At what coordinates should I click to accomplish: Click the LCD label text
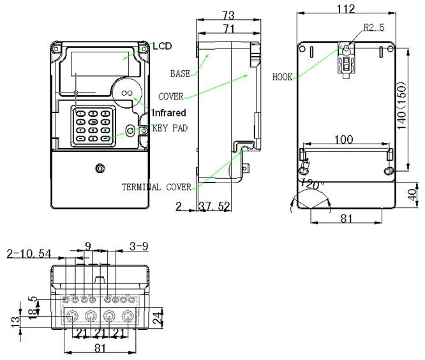pyautogui.click(x=162, y=47)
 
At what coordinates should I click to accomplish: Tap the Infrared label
pyautogui.click(x=168, y=113)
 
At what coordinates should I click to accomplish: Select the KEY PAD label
pyautogui.click(x=170, y=128)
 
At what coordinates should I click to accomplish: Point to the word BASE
pyautogui.click(x=181, y=73)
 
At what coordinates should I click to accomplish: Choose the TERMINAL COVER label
pyautogui.click(x=157, y=188)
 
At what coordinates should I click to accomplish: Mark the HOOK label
pyautogui.click(x=282, y=77)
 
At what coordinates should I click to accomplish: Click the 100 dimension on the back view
pyautogui.click(x=345, y=139)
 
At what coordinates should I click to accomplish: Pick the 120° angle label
pyautogui.click(x=313, y=183)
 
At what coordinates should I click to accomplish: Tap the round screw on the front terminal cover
pyautogui.click(x=99, y=169)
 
